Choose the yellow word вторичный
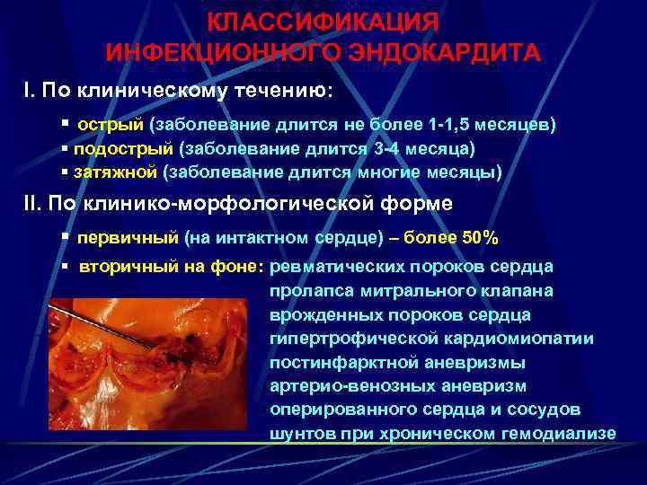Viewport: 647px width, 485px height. click(127, 267)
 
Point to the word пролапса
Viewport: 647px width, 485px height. click(308, 291)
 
